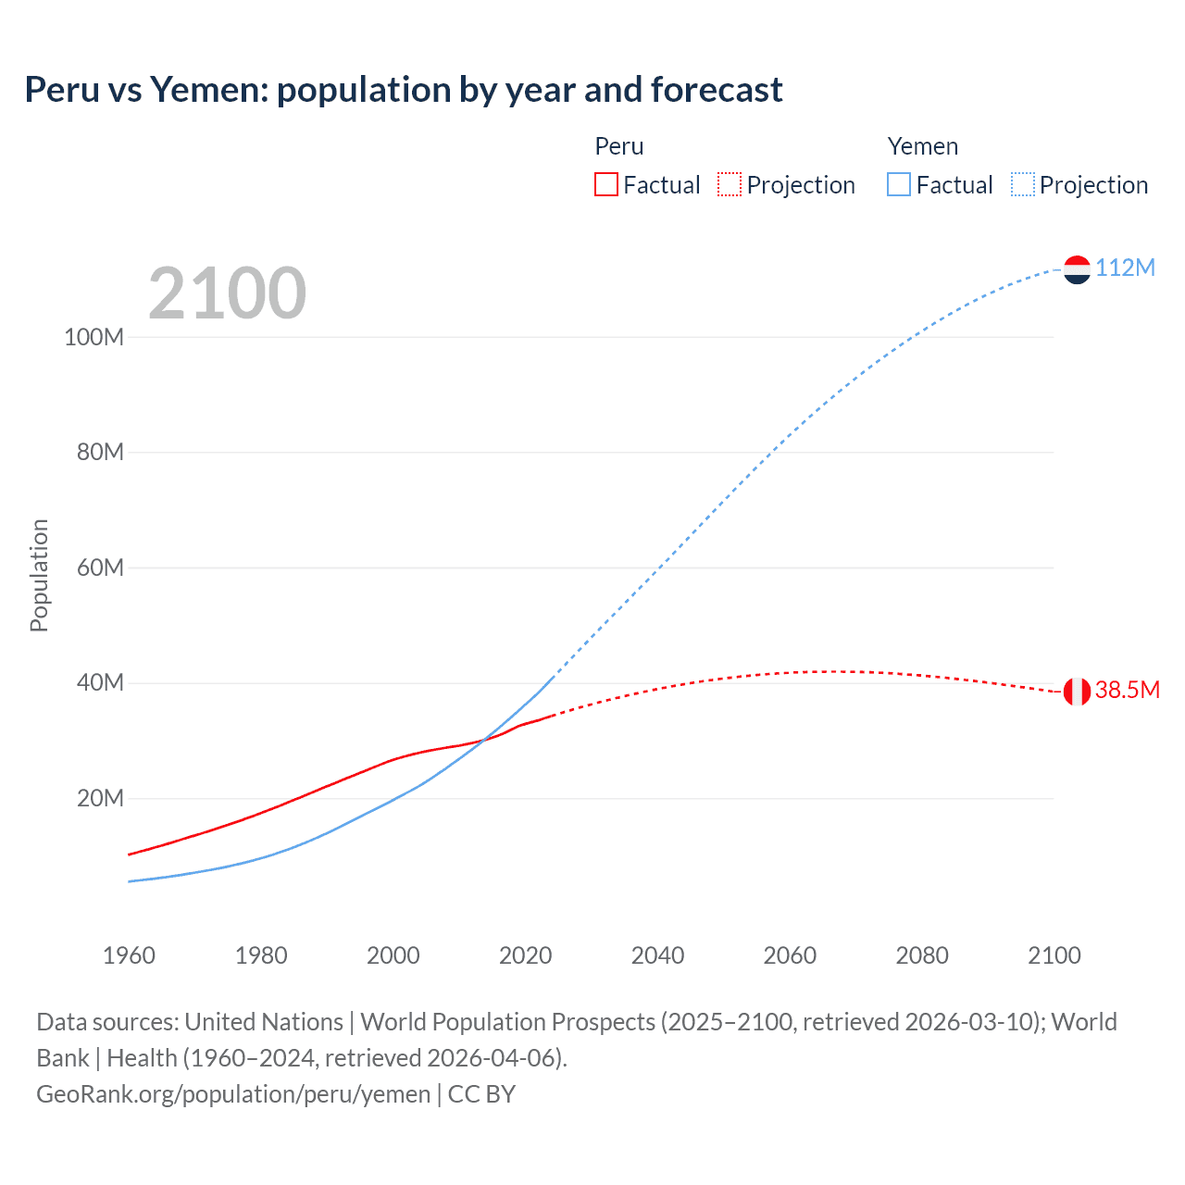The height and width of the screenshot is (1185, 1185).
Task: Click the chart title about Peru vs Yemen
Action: point(404,90)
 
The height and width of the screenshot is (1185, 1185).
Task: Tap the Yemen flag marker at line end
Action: point(1077,269)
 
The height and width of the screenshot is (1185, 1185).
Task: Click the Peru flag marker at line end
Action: point(1077,691)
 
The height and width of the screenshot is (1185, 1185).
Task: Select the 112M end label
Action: point(1125,268)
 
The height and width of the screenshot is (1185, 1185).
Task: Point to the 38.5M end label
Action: point(1127,690)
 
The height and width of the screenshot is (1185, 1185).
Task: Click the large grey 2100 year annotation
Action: point(227,293)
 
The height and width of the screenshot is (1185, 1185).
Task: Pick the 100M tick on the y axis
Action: point(94,337)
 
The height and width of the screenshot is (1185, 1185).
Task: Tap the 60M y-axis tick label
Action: point(99,568)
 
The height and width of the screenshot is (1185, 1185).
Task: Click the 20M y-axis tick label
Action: point(99,798)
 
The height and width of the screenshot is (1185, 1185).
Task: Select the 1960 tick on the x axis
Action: point(129,955)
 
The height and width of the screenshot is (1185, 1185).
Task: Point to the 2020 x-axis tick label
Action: point(525,955)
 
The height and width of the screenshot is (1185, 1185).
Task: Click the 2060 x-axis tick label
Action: point(790,955)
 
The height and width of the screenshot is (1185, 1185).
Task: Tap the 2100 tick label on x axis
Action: point(1054,955)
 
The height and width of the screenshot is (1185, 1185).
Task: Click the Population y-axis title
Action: point(39,575)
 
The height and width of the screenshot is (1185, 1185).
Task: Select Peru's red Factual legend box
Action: point(605,184)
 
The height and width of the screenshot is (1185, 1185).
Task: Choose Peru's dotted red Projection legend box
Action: point(730,184)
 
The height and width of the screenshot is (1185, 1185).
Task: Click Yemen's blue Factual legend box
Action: point(898,184)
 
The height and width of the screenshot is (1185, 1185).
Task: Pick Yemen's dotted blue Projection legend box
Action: point(1022,184)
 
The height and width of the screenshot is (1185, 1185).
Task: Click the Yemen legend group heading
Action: point(922,146)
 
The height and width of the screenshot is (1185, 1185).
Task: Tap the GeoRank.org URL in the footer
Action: point(233,1093)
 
